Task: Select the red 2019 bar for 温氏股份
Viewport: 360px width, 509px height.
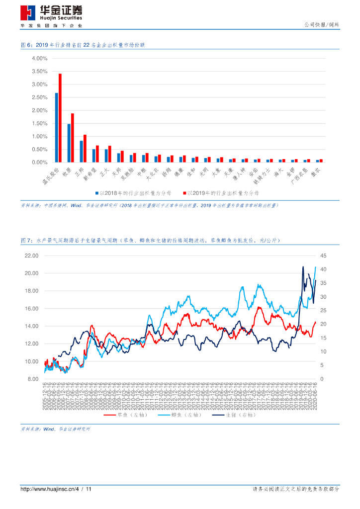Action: tap(60, 118)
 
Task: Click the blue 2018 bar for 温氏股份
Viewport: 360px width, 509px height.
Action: tap(56, 128)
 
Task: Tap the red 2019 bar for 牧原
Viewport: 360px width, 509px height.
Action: tap(73, 138)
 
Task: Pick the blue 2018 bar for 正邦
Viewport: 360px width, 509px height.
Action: tap(81, 152)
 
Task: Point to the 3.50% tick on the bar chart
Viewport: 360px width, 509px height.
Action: tap(39, 71)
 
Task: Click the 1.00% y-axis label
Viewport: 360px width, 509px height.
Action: tap(39, 136)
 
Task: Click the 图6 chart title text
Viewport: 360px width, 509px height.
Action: tap(83, 45)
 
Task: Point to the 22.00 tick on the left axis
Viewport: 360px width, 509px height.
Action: tap(31, 255)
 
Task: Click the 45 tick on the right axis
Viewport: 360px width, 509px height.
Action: tap(323, 255)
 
